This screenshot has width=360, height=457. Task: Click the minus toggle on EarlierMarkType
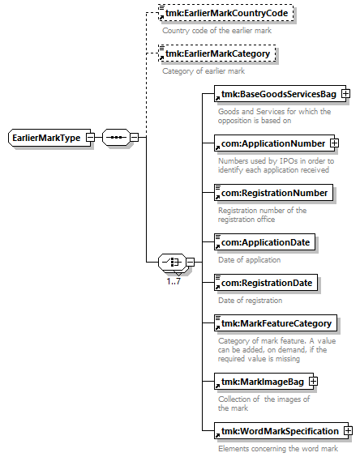91,137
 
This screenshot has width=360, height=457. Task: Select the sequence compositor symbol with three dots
116,137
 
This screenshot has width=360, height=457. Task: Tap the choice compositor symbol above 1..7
172,262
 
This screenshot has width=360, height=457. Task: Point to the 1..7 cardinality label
174,281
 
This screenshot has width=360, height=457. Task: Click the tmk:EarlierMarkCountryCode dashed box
225,13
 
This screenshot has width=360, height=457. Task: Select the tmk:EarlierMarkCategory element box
217,53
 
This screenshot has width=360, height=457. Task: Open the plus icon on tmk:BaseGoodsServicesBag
345,94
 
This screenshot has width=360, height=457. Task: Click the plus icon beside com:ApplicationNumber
334,143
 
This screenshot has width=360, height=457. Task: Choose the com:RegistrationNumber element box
273,193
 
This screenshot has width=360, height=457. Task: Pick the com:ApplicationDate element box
264,242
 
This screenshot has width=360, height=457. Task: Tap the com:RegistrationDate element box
266,283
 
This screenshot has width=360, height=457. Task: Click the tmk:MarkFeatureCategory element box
276,323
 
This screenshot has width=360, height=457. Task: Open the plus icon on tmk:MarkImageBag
313,381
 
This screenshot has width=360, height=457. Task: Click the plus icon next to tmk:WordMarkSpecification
348,430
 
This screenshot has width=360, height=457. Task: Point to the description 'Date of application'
250,259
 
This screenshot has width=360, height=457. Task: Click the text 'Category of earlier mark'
204,71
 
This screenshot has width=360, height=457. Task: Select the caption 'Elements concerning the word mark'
278,449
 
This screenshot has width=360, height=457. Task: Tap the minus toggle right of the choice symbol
191,262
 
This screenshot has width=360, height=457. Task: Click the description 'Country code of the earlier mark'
216,31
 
